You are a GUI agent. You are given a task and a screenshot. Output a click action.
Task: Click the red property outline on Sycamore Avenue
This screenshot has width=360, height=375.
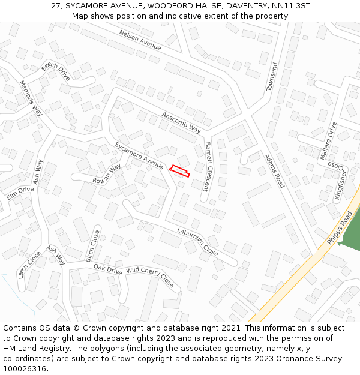coord(179,171)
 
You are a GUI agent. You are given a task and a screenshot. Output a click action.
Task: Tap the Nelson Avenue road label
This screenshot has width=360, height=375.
coord(140,40)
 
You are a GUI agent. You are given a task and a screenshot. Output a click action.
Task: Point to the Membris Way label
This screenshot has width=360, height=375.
coord(31,98)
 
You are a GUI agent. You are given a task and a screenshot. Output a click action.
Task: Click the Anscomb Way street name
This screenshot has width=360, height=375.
coord(181,121)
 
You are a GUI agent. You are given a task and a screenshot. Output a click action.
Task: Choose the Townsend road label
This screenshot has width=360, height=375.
coord(272,77)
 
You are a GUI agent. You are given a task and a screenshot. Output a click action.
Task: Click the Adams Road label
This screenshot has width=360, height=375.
coord(274,171)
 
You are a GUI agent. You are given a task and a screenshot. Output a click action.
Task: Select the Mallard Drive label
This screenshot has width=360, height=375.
coord(328,140)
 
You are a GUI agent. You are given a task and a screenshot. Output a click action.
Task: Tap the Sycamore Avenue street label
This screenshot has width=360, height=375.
coord(139,155)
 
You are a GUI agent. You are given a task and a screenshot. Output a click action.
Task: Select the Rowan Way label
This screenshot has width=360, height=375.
coord(107,174)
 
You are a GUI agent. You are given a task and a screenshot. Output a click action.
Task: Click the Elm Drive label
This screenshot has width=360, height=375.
coord(20,193)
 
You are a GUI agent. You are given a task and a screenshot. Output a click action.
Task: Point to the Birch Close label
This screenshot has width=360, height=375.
coord(92,246)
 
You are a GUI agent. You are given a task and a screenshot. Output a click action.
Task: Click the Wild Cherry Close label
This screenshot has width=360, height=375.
coord(149,277)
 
